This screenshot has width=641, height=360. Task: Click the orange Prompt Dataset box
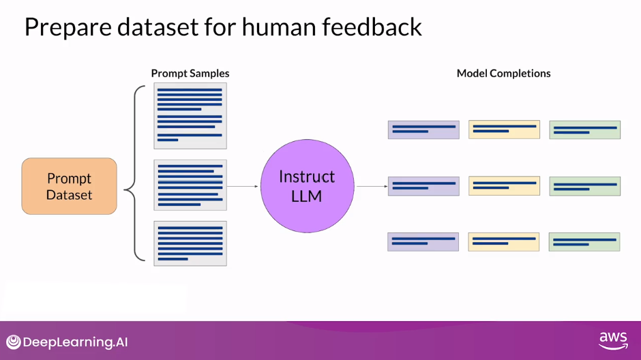[x=69, y=186]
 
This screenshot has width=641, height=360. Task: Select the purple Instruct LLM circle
[x=308, y=186]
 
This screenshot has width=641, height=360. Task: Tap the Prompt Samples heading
[x=190, y=73]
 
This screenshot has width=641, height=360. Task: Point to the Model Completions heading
[x=503, y=73]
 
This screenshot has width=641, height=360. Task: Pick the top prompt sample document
[x=190, y=116]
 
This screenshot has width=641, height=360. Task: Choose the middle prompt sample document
[x=190, y=185]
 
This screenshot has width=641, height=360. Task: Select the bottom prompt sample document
[x=190, y=243]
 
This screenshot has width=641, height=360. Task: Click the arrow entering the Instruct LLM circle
[x=243, y=186]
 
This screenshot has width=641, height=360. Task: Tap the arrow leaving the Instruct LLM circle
[x=372, y=186]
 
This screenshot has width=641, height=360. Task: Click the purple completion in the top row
[x=423, y=130]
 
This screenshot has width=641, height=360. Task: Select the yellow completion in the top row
[x=504, y=130]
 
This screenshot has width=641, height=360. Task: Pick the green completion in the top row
[x=585, y=130]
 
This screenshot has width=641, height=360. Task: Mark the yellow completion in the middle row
[x=504, y=185]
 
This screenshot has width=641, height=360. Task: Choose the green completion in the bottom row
[x=584, y=241]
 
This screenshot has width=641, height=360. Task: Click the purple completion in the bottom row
[x=423, y=241]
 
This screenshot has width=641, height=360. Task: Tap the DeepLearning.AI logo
[x=67, y=342]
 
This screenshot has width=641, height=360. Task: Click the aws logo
[x=613, y=341]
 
